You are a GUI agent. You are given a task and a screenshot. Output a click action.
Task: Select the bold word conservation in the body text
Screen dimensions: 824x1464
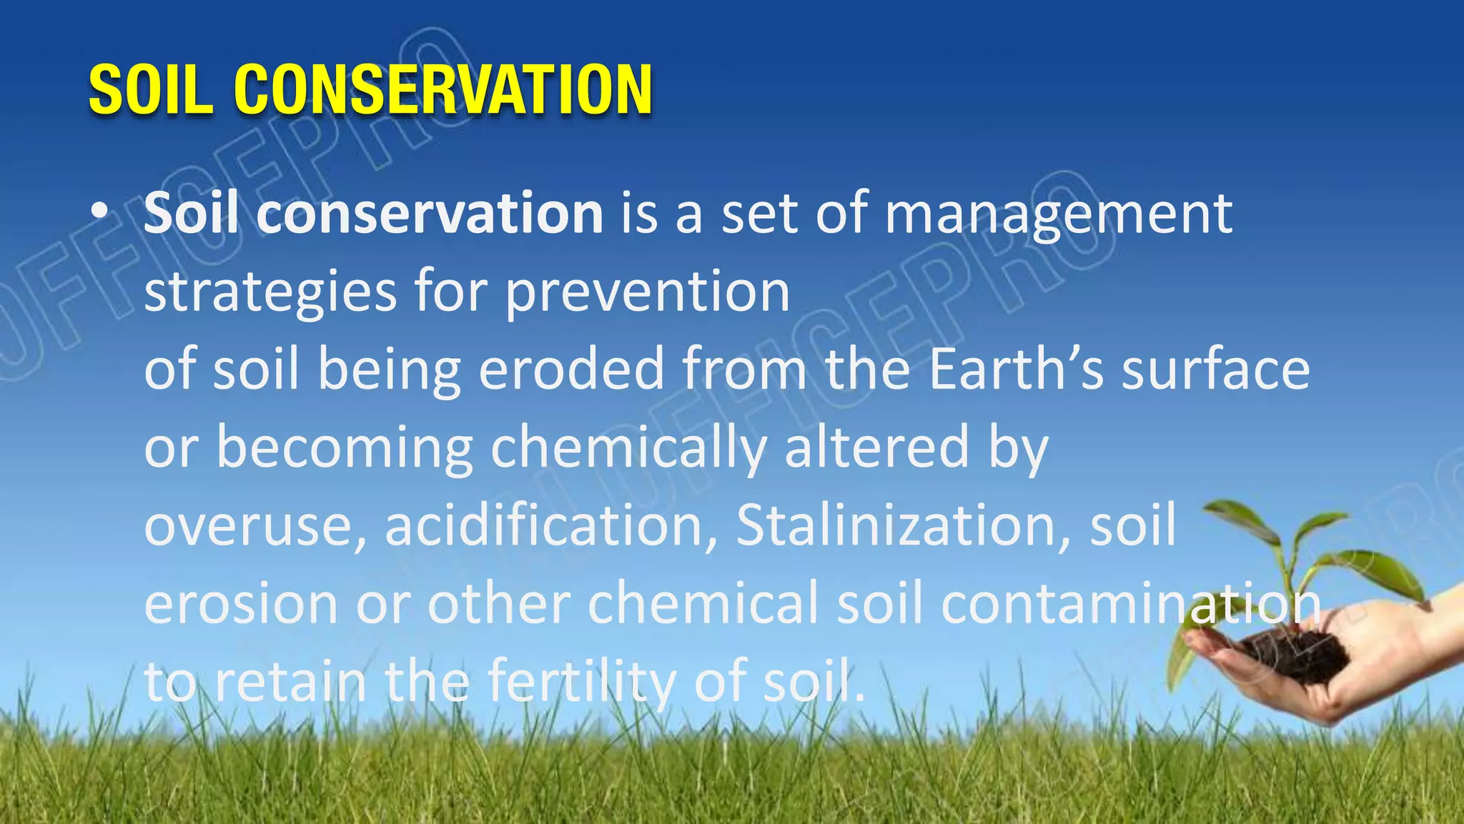point(430,214)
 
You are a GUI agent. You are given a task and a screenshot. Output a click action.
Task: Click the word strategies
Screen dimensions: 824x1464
point(270,293)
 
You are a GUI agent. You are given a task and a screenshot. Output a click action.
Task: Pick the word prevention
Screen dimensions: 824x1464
point(648,293)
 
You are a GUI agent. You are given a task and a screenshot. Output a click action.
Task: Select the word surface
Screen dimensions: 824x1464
point(1215,370)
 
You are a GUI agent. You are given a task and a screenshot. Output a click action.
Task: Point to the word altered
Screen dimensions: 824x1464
point(876,447)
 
